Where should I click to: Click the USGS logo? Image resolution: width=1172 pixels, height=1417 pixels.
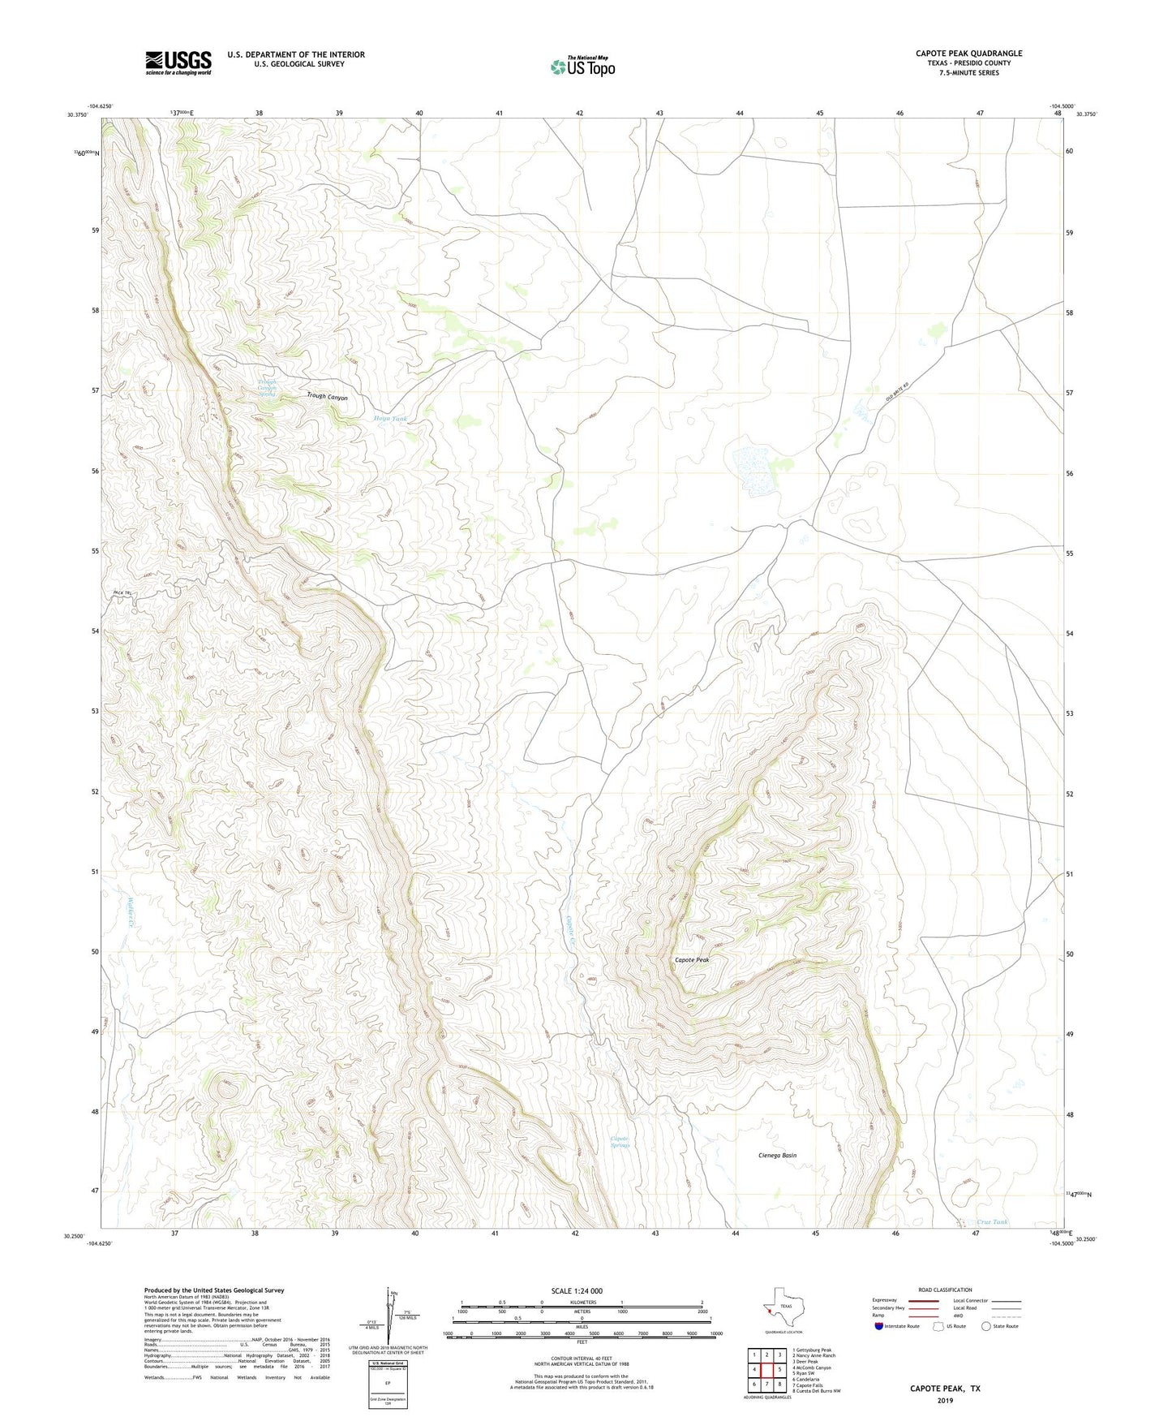click(178, 62)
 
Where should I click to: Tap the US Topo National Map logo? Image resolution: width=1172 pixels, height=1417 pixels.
click(582, 67)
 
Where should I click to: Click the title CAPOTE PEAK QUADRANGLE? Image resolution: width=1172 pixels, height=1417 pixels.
click(968, 54)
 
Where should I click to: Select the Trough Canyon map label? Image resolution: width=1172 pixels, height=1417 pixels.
click(327, 397)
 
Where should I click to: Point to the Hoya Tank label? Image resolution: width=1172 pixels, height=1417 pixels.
click(390, 419)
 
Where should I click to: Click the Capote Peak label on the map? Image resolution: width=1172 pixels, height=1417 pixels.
click(692, 960)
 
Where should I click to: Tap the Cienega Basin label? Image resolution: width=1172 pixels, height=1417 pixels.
click(777, 1155)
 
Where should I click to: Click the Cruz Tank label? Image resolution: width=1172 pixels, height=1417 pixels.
click(992, 1222)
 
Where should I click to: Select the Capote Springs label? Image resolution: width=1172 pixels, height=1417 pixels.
click(620, 1142)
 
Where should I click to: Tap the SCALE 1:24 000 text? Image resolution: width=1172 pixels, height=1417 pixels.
click(577, 1290)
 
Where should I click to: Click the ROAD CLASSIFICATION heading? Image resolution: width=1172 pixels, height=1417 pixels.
click(945, 1290)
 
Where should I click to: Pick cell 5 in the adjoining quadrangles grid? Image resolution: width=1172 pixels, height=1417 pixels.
click(779, 1369)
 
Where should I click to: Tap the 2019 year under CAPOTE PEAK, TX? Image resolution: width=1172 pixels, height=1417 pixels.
click(945, 1400)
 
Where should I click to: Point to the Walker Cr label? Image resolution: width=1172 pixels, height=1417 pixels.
click(130, 912)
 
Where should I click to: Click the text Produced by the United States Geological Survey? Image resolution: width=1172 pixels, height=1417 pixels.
click(214, 1290)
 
